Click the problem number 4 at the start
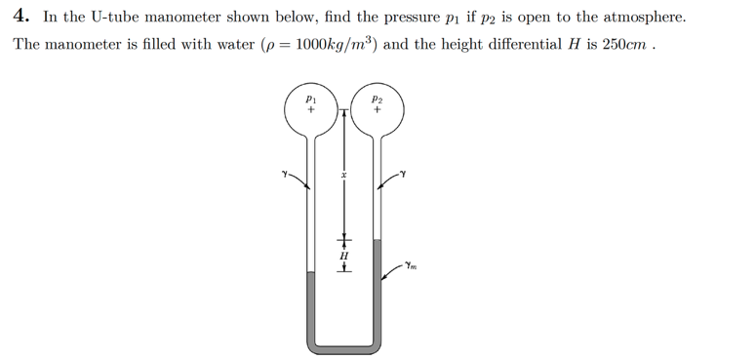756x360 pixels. pyautogui.click(x=20, y=17)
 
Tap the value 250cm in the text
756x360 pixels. pyautogui.click(x=622, y=47)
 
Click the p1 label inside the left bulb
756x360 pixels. pyautogui.click(x=310, y=100)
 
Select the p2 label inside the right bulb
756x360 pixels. pyautogui.click(x=378, y=100)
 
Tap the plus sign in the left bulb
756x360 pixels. pyautogui.click(x=310, y=111)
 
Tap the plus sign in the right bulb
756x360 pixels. pyautogui.click(x=378, y=111)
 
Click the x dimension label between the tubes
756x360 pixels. pyautogui.click(x=343, y=176)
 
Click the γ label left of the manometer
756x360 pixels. pyautogui.click(x=283, y=176)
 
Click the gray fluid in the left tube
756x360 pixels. pyautogui.click(x=310, y=302)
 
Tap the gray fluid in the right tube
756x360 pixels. pyautogui.click(x=378, y=288)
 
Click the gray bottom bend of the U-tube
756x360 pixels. pyautogui.click(x=343, y=345)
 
